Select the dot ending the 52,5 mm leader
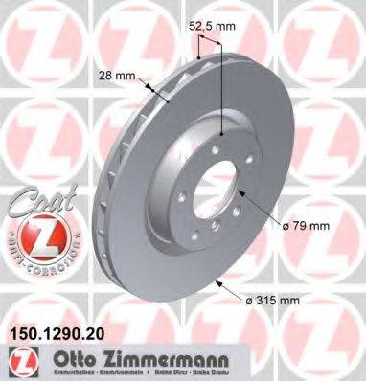pyautogui.click(x=222, y=135)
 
